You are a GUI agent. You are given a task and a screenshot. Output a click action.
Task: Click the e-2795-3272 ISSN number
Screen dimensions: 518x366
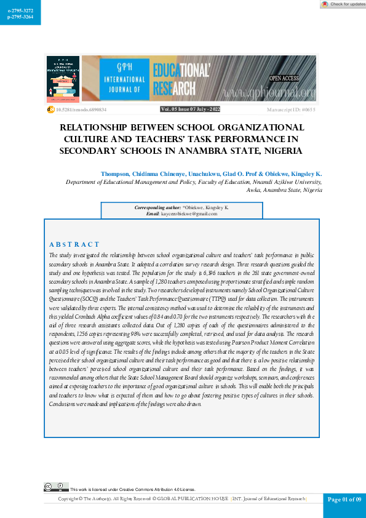[20, 10]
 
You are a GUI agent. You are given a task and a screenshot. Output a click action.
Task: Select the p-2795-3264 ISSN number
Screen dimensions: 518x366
[20, 18]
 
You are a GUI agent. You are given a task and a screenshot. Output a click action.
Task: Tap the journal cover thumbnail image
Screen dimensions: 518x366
[63, 79]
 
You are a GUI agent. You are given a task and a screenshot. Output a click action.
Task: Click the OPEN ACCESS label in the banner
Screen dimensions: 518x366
[284, 78]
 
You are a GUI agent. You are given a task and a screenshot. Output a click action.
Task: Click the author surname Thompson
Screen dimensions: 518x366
[116, 174]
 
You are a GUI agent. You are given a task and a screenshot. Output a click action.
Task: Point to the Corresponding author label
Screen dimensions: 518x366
[158, 207]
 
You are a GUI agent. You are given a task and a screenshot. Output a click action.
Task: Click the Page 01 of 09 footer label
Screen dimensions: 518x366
[344, 500]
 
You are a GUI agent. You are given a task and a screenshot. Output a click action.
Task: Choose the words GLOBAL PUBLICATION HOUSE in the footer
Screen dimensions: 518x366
[193, 499]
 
